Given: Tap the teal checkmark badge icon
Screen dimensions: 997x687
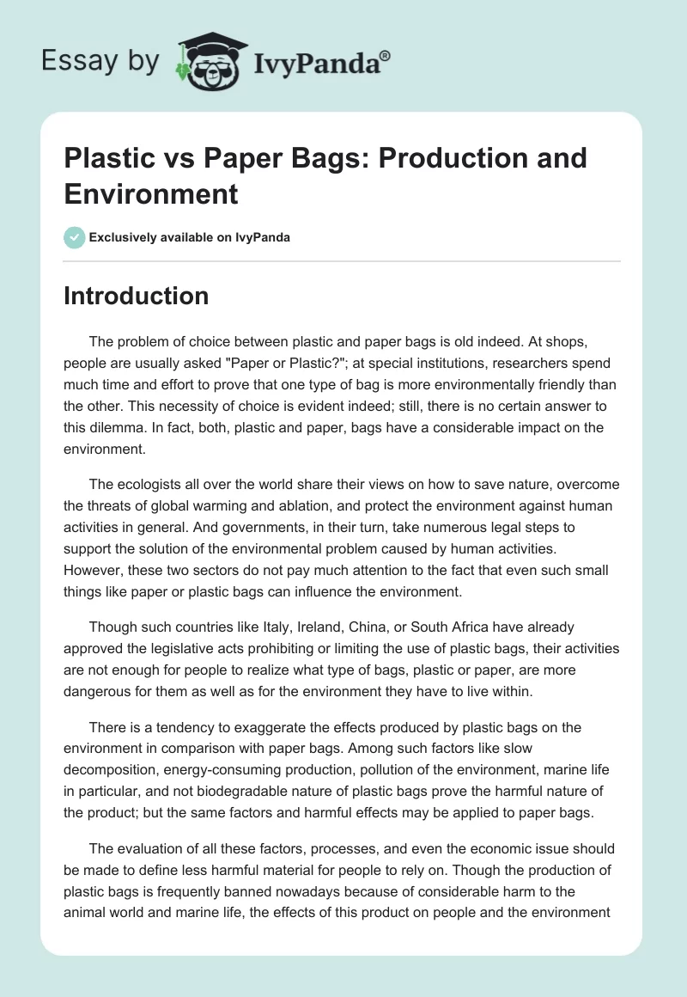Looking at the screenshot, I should (75, 237).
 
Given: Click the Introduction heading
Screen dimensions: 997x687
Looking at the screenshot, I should (137, 296).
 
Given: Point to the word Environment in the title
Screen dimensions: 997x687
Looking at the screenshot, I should (151, 193).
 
